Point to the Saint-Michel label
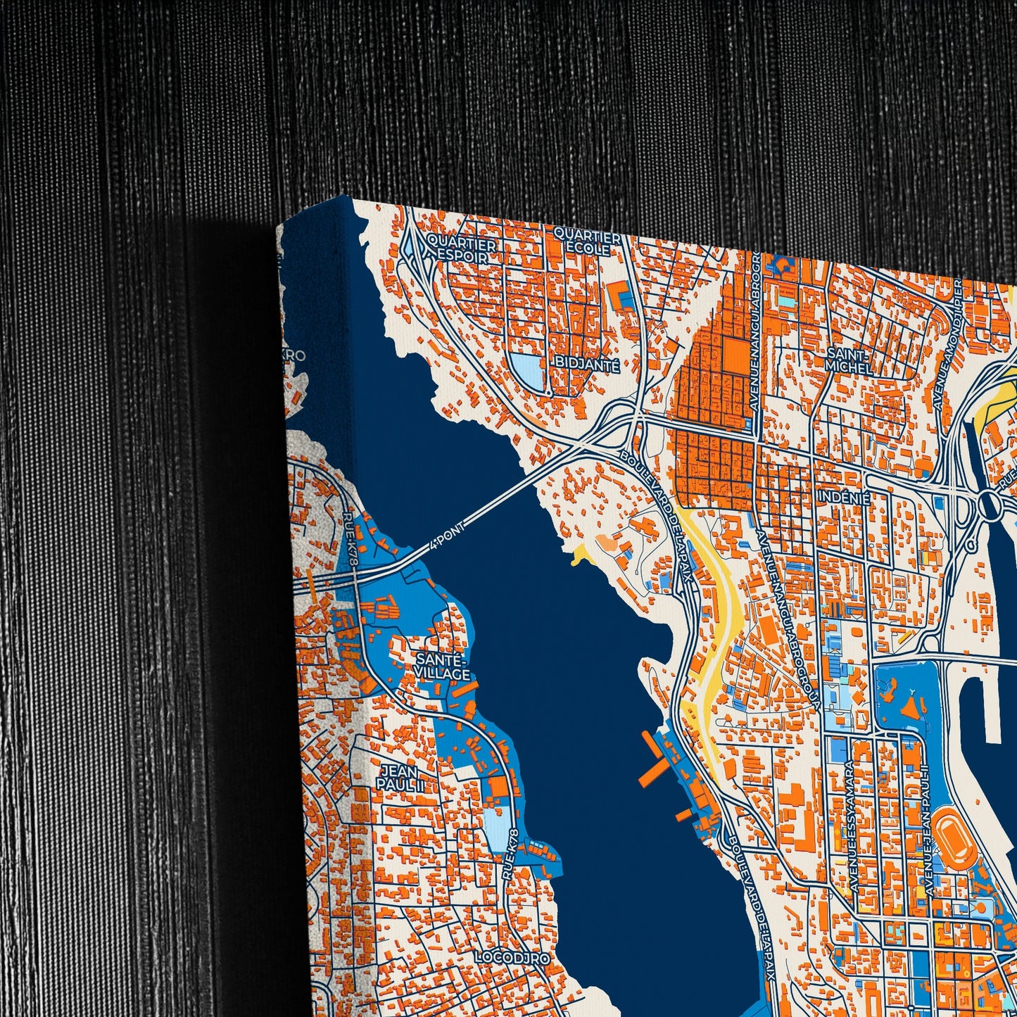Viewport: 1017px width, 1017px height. pyautogui.click(x=849, y=360)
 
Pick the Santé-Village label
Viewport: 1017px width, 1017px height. pyautogui.click(x=442, y=667)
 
